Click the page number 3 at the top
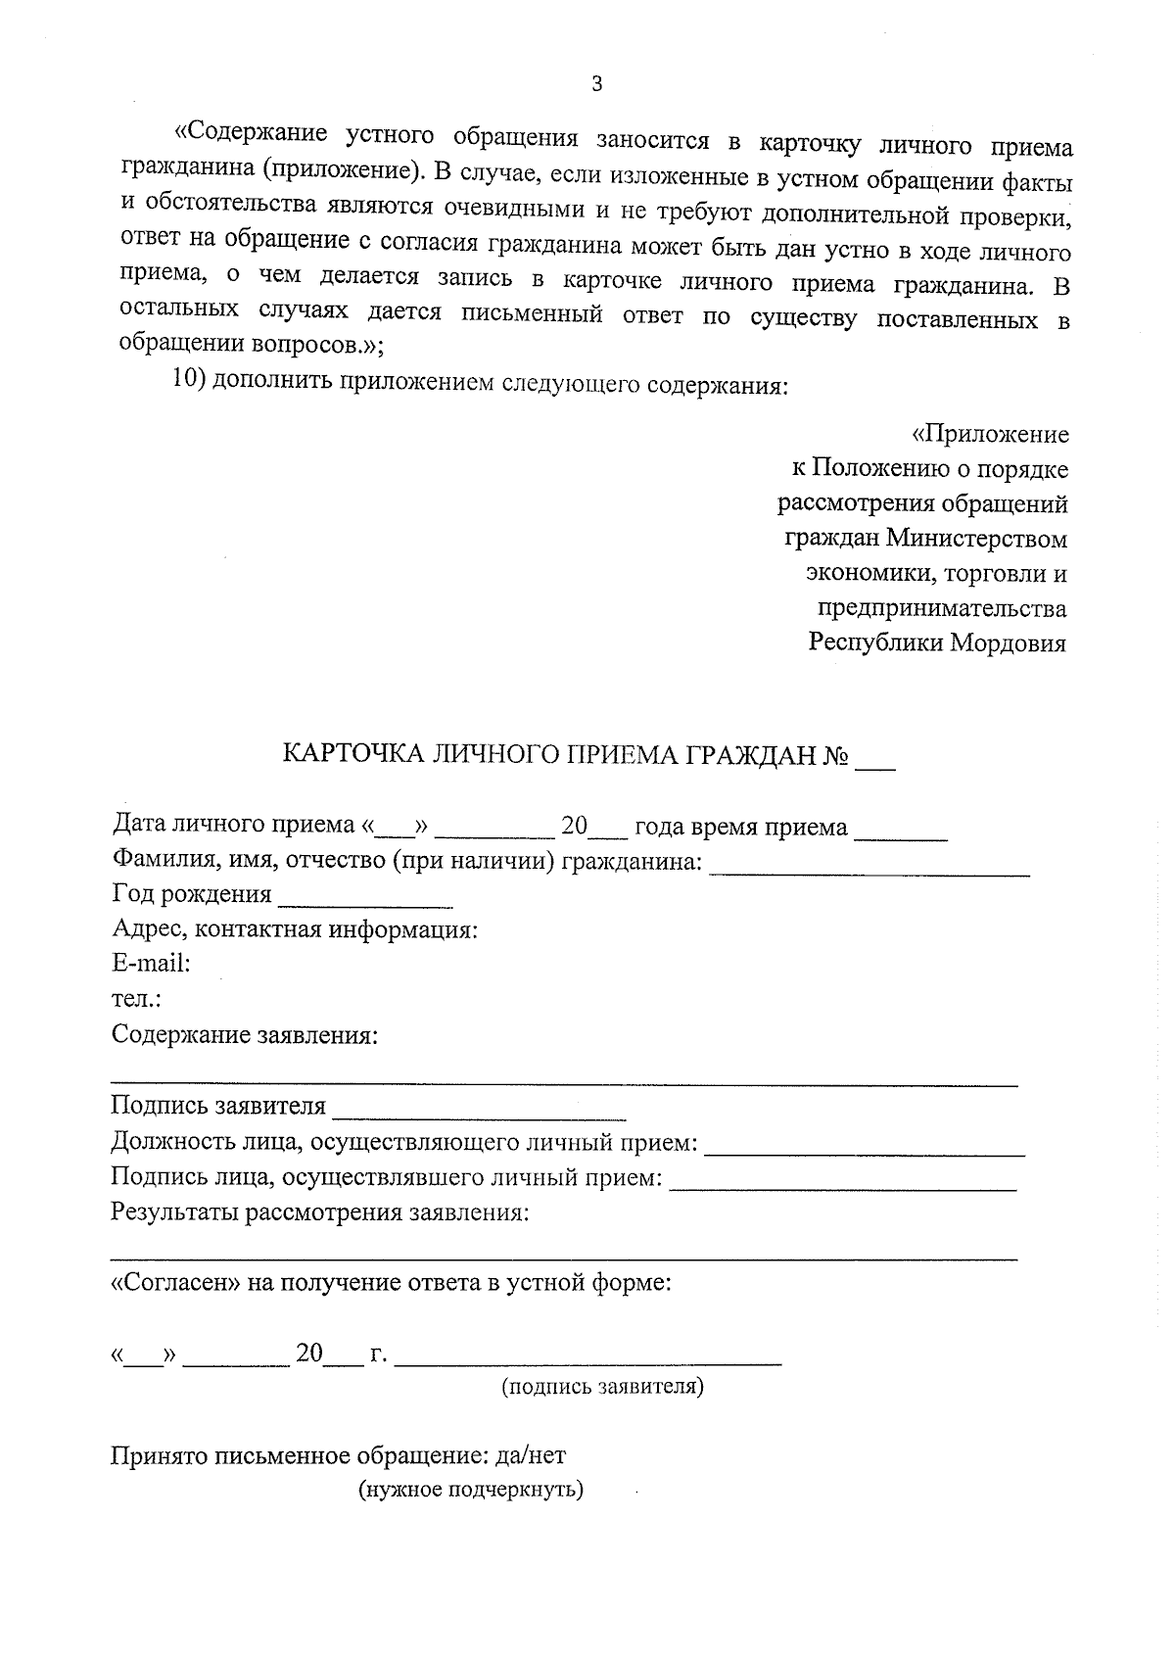pyautogui.click(x=597, y=85)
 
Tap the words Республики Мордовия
pyautogui.click(x=937, y=643)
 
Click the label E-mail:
pyautogui.click(x=151, y=964)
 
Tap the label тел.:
pyautogui.click(x=136, y=1000)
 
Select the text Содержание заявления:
pyautogui.click(x=245, y=1035)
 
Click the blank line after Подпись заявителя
pyautogui.click(x=479, y=1113)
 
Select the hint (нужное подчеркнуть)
pyautogui.click(x=470, y=1491)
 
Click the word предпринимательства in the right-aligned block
pyautogui.click(x=941, y=608)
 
